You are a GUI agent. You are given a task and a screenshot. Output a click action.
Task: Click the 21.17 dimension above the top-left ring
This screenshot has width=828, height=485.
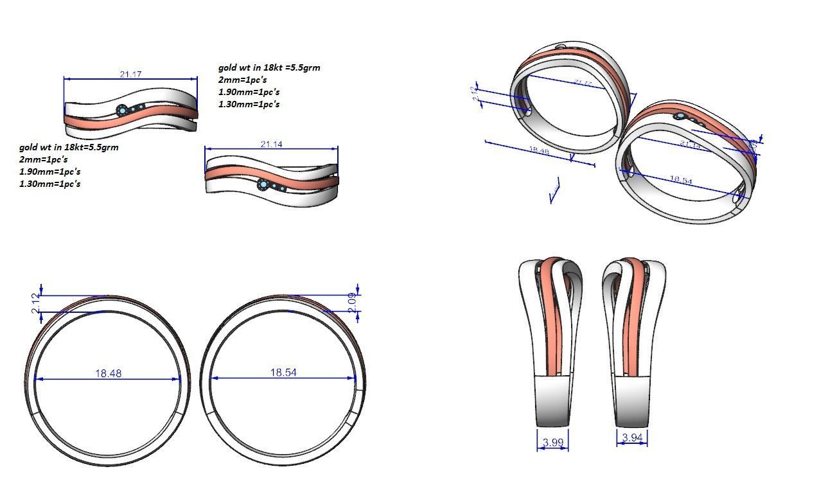pyautogui.click(x=130, y=75)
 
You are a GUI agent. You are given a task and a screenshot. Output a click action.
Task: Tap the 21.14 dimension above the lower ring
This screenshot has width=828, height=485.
pyautogui.click(x=271, y=144)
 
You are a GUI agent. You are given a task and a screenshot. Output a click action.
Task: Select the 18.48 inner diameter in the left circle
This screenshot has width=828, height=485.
pyautogui.click(x=108, y=373)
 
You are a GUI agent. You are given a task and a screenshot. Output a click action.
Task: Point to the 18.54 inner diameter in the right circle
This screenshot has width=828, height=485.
pyautogui.click(x=283, y=373)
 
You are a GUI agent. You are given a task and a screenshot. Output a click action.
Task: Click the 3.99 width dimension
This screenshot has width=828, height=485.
pyautogui.click(x=553, y=442)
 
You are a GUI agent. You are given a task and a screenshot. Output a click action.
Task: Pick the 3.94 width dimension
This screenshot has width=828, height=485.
pyautogui.click(x=632, y=438)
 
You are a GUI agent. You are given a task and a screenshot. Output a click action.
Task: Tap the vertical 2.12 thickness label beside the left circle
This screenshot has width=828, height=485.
pyautogui.click(x=36, y=303)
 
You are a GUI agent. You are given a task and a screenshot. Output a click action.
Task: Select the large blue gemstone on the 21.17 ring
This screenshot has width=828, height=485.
pyautogui.click(x=122, y=110)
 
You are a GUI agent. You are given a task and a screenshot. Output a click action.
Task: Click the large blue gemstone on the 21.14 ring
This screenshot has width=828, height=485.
pyautogui.click(x=263, y=185)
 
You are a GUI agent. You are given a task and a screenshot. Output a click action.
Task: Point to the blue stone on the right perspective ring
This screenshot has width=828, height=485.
pyautogui.click(x=680, y=116)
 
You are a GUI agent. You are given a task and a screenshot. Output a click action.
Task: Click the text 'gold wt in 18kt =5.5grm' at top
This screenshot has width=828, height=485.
pyautogui.click(x=269, y=67)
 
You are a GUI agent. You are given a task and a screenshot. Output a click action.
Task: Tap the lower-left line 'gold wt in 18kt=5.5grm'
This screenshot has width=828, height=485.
pyautogui.click(x=69, y=147)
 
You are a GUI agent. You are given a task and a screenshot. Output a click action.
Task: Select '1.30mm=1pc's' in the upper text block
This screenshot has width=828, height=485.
pyautogui.click(x=249, y=104)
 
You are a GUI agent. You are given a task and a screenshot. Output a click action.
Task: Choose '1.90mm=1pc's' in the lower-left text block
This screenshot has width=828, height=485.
pyautogui.click(x=49, y=172)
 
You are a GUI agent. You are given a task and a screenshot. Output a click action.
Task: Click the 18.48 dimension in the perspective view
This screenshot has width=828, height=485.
pyautogui.click(x=538, y=151)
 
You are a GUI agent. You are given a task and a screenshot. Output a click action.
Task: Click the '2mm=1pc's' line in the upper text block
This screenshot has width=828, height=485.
pyautogui.click(x=242, y=80)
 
